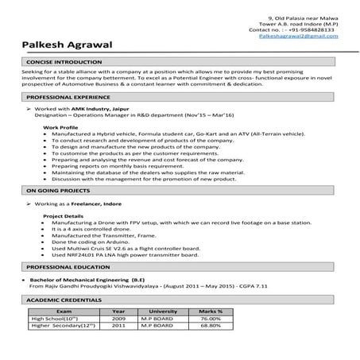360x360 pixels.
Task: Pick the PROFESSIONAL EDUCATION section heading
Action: click(x=67, y=268)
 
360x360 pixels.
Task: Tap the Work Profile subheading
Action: click(x=61, y=127)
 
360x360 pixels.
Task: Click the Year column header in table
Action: click(x=119, y=312)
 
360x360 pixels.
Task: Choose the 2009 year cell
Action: click(x=119, y=319)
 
